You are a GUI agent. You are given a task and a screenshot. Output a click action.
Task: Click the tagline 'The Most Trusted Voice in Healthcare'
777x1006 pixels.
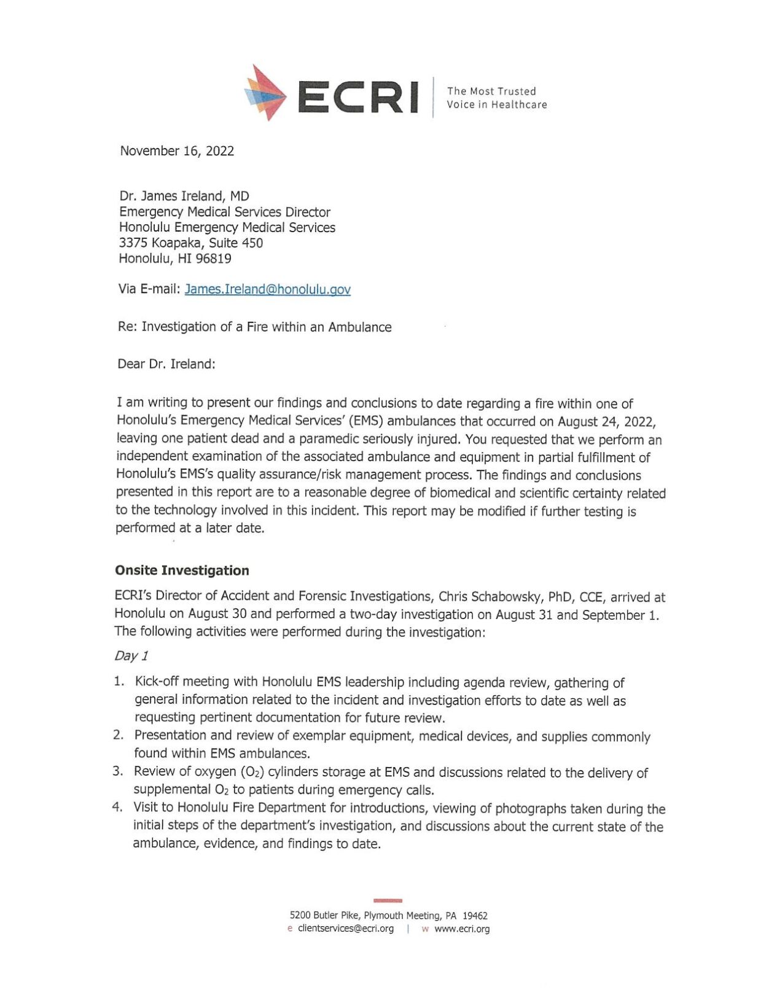pos(496,98)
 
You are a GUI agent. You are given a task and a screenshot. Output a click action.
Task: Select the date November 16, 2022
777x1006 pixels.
pos(177,151)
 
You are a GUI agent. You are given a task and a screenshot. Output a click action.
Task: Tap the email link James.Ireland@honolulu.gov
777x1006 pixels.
pos(267,289)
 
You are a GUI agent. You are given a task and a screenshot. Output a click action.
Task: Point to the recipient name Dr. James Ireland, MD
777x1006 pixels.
pos(184,197)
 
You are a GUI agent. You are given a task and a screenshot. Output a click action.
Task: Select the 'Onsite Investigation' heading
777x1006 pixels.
pos(182,571)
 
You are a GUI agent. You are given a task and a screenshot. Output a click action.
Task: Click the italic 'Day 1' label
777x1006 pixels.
pos(131,656)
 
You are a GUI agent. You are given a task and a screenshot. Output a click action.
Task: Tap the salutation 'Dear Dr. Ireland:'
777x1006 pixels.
pos(166,364)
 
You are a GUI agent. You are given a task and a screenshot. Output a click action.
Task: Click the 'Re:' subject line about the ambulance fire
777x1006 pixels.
pos(254,327)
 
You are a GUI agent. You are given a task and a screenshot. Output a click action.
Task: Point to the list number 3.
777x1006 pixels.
pos(117,771)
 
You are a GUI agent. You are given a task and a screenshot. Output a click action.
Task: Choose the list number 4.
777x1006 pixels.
pos(117,808)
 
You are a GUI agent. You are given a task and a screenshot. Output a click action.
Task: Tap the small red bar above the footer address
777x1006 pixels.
pos(388,900)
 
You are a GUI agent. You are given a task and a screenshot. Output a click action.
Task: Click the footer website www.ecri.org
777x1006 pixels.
pos(462,929)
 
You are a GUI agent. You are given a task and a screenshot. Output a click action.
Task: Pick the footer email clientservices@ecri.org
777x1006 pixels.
pos(346,929)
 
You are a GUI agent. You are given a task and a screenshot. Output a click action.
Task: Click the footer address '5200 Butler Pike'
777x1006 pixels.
pos(325,916)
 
